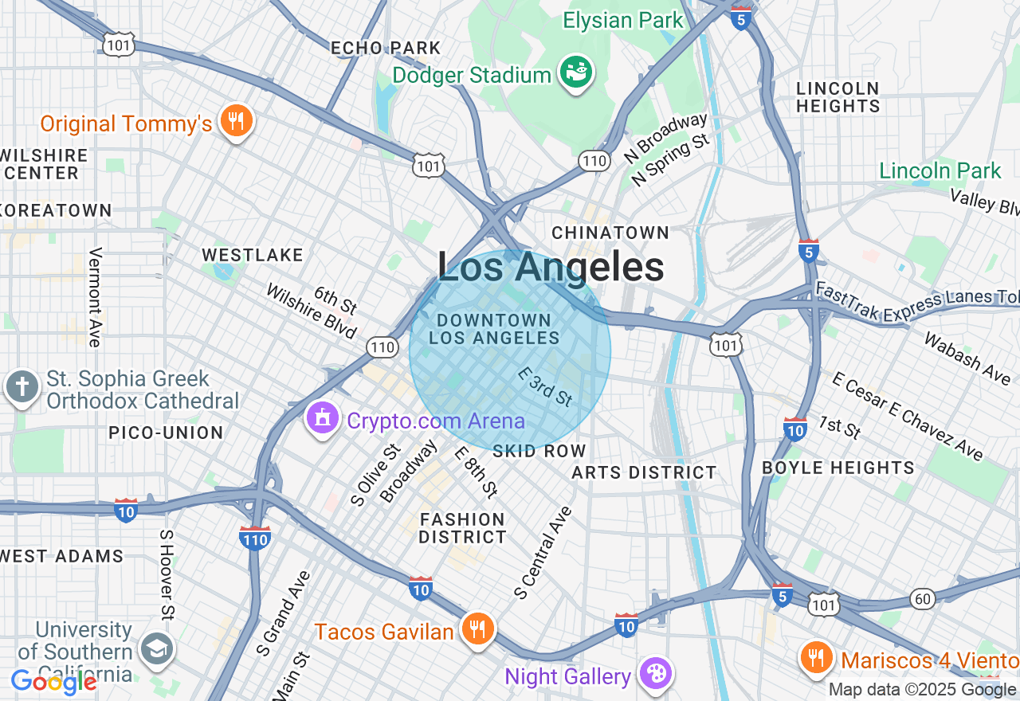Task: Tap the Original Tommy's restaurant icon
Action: [235, 121]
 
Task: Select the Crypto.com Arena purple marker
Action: [323, 418]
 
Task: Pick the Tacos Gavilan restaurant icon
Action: [477, 630]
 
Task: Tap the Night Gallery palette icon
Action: [656, 674]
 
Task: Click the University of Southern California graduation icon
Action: [157, 649]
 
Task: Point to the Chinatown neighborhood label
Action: [611, 233]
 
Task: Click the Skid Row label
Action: [539, 451]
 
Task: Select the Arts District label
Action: [645, 472]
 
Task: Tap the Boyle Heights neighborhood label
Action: [838, 468]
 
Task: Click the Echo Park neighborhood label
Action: [386, 48]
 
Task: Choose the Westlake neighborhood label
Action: [253, 255]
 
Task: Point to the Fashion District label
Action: [463, 528]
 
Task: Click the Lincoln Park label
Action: [940, 170]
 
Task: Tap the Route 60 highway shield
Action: [923, 599]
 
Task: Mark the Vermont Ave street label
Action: [96, 296]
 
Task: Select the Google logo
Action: [54, 682]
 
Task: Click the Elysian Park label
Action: [623, 20]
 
